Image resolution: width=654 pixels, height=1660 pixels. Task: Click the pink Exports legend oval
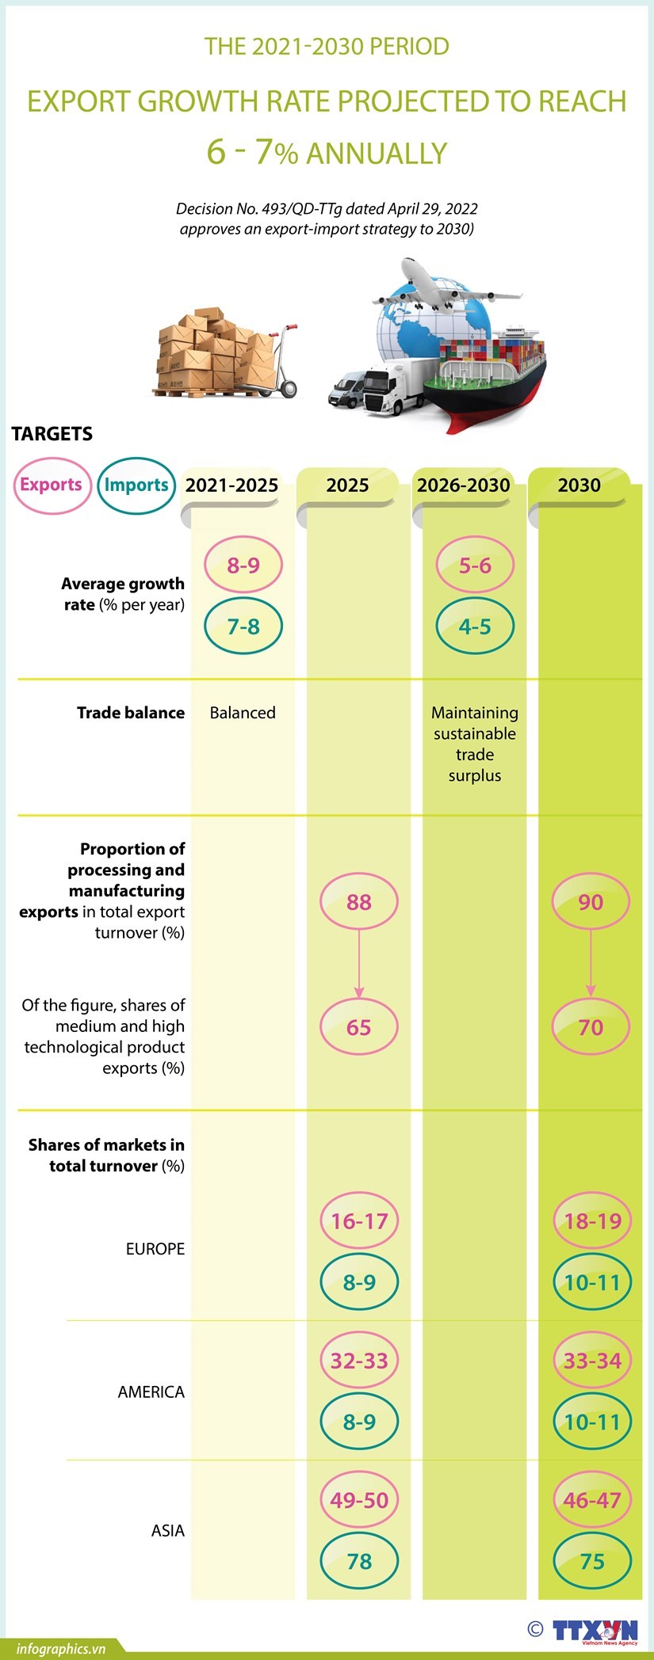pos(52,485)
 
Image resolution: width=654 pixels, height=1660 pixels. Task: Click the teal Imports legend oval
pos(136,485)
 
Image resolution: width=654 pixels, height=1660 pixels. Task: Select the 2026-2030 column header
pos(463,485)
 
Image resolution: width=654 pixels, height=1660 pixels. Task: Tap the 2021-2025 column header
pos(231,485)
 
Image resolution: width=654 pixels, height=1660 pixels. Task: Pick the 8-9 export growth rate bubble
pos(243,565)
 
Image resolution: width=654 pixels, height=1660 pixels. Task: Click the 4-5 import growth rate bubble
pos(475,626)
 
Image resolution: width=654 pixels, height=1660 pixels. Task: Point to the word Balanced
pos(243,713)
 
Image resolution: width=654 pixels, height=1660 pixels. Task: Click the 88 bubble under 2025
pos(359,902)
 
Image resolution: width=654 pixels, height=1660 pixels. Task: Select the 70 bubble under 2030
pos(591,1027)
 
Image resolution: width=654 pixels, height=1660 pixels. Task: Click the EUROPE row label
pos(155,1249)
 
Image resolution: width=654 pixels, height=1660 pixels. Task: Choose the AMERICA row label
pos(151,1392)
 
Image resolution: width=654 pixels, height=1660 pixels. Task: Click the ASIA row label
pos(167,1530)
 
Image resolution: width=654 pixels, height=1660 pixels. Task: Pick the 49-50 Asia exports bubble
pos(359,1500)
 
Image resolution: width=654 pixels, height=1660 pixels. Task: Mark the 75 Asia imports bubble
pos(592,1561)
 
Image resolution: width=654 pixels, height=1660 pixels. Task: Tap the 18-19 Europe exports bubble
pos(592,1221)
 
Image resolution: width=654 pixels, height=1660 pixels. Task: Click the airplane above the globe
pos(444,289)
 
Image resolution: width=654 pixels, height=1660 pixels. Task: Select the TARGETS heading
pos(52,434)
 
